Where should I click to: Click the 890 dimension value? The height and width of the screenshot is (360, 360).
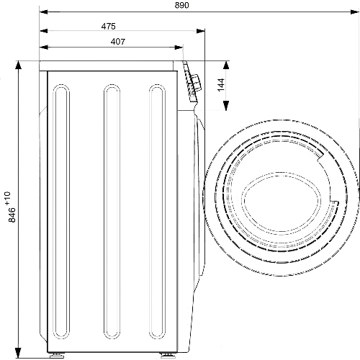coord(181,5)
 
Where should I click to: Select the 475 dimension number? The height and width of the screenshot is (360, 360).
coord(108,26)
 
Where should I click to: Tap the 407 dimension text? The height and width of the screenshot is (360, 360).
coord(118,42)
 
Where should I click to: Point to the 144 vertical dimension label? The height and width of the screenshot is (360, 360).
coord(221,84)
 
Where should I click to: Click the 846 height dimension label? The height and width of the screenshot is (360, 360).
coord(12,215)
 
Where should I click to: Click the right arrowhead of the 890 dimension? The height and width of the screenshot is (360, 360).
coord(354,12)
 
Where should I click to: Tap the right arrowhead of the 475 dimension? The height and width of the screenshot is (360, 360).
coord(201,31)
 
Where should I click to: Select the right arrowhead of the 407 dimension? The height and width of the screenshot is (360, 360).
coord(179,48)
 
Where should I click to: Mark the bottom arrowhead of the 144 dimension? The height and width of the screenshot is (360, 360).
coord(226,106)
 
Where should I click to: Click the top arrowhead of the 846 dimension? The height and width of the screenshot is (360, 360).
coord(18,66)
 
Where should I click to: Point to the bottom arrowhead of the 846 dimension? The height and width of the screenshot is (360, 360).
coord(18,352)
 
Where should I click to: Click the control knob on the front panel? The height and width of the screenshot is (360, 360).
coord(196,82)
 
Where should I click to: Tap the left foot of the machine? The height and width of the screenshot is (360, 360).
coord(57,356)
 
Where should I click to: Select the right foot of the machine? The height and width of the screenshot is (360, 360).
coord(167,356)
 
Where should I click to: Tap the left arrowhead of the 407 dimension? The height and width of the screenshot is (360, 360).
coord(44,48)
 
